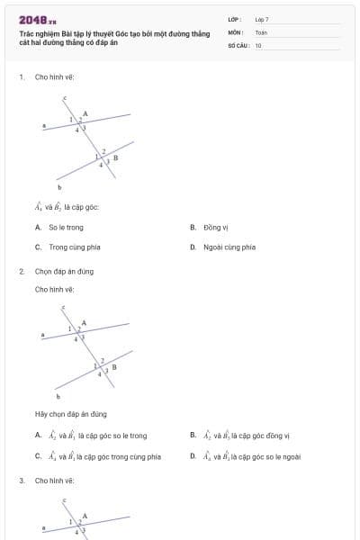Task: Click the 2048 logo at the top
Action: (37, 20)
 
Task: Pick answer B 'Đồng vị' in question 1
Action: (217, 228)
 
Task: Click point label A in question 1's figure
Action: (85, 112)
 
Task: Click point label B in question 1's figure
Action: (114, 157)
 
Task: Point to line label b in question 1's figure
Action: (59, 187)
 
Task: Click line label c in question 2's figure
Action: (63, 308)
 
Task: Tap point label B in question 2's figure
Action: (114, 366)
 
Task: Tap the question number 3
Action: (21, 481)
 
